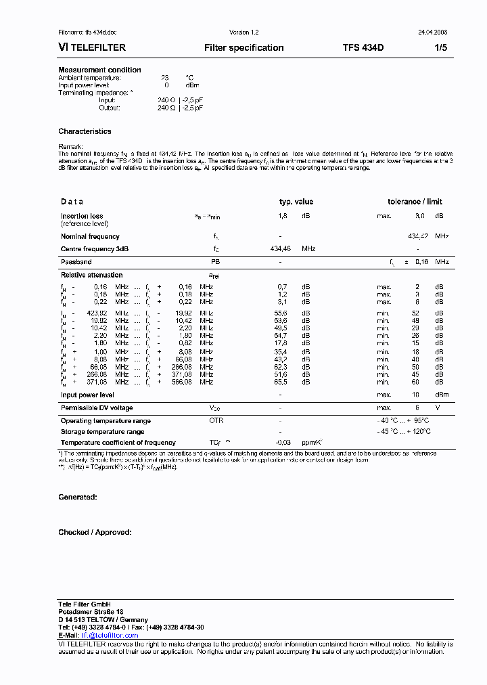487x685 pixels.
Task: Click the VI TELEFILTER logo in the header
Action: point(92,48)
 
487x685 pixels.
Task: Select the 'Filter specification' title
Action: point(243,48)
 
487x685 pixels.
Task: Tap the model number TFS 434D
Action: point(363,48)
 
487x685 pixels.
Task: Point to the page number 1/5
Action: point(440,48)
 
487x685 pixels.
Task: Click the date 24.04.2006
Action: point(433,32)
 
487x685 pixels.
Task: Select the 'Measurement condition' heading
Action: point(99,70)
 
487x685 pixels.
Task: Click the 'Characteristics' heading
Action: point(85,131)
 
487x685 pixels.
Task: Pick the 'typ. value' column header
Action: point(296,202)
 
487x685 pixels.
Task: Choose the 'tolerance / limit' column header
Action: point(415,202)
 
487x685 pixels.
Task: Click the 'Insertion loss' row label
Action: point(82,216)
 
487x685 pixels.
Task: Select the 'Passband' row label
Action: point(76,261)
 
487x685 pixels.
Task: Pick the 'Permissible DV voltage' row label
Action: point(97,407)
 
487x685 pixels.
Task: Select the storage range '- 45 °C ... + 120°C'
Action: point(404,431)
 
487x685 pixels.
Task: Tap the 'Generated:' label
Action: point(77,497)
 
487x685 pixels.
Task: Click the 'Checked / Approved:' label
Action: point(95,532)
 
